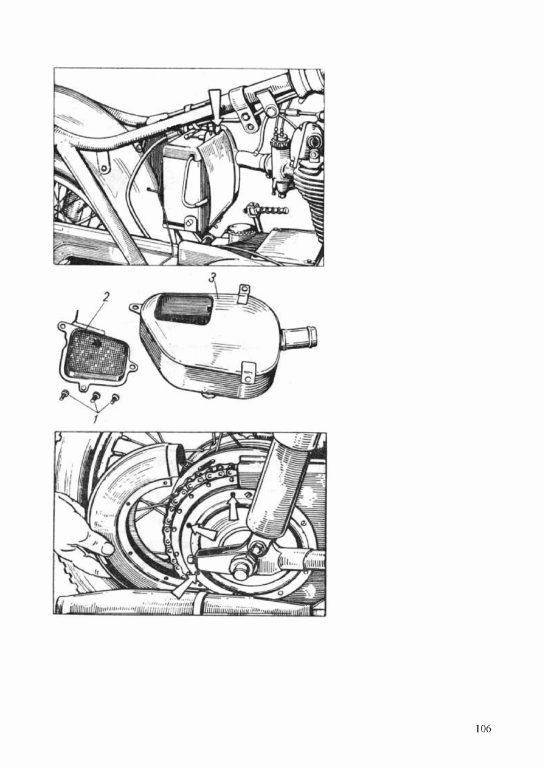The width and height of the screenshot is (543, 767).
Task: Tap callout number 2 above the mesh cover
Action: coord(106,298)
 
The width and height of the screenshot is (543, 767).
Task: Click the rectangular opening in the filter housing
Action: coord(184,310)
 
